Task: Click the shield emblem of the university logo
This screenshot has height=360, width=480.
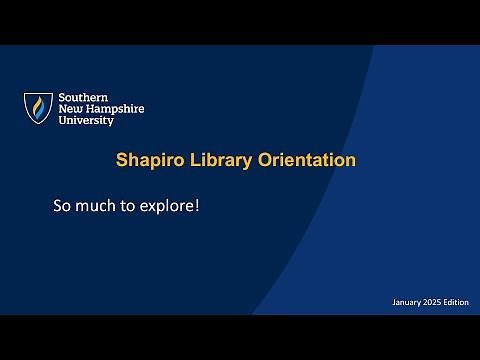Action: (39, 108)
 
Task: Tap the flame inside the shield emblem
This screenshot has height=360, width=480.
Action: (39, 107)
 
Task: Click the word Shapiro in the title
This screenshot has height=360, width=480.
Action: (148, 160)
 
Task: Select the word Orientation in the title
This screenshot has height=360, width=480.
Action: (305, 160)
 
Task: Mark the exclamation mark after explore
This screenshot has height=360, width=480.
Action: (197, 207)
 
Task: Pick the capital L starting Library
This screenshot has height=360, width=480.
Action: (191, 160)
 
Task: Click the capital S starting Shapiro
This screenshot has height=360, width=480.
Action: (121, 160)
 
